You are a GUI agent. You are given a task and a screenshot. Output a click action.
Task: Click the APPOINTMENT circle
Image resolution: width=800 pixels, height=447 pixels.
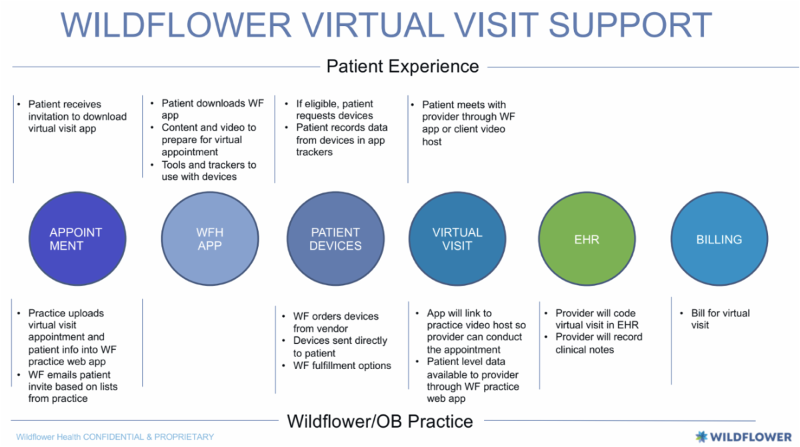(x=75, y=239)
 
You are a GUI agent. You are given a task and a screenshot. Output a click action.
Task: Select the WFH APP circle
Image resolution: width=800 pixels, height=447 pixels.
(x=209, y=239)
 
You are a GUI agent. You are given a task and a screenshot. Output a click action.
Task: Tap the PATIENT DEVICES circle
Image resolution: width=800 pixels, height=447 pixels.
(x=335, y=239)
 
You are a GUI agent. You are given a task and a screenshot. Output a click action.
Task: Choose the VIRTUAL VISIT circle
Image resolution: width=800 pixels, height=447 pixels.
(x=457, y=239)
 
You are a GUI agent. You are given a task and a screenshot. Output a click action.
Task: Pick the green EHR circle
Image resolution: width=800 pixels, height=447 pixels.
(x=587, y=239)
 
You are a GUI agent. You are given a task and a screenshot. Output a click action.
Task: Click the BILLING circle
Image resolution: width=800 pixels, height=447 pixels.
(x=719, y=239)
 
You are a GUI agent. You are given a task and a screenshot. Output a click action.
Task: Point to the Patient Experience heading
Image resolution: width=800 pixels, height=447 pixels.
(x=402, y=67)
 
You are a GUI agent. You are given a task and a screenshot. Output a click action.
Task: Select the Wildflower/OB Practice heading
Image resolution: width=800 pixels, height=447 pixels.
(x=380, y=421)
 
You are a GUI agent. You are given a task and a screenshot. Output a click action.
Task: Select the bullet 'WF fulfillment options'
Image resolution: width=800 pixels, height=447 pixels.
(x=342, y=365)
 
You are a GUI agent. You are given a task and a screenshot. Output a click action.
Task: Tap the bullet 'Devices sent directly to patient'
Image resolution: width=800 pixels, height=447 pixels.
(x=339, y=346)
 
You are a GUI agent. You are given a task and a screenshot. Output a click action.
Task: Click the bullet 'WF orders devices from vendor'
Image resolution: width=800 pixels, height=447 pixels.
(x=335, y=322)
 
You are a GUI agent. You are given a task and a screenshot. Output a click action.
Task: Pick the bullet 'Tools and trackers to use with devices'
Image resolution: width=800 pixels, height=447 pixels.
(x=208, y=171)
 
